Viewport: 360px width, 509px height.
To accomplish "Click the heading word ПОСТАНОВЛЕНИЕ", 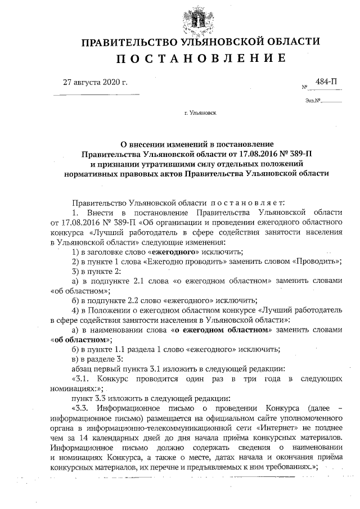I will pyautogui.click(x=200, y=58).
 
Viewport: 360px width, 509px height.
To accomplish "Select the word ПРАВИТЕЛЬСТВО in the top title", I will pyautogui.click(x=128, y=42).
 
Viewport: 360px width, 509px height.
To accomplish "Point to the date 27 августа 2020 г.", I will pyautogui.click(x=96, y=83).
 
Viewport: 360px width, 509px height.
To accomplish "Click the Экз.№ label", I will pyautogui.click(x=313, y=102).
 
